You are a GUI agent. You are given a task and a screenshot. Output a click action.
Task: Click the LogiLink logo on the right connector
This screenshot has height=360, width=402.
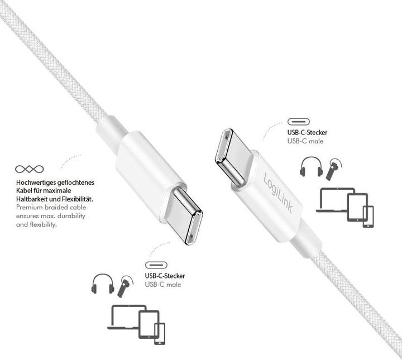pyautogui.click(x=278, y=193)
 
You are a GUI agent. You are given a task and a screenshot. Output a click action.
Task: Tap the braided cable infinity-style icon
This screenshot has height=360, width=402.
pyautogui.click(x=30, y=169)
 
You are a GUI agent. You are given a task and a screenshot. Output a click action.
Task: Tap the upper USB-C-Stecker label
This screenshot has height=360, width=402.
pyautogui.click(x=307, y=132)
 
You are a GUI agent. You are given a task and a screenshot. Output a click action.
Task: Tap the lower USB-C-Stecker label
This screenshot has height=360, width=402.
pyautogui.click(x=165, y=276)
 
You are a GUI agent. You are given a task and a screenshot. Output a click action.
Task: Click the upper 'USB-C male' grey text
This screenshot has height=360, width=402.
pyautogui.click(x=305, y=141)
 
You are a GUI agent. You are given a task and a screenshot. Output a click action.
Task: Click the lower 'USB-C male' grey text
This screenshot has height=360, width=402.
pyautogui.click(x=163, y=285)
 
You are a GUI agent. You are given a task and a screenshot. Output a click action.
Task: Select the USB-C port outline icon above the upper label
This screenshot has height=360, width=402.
pyautogui.click(x=298, y=122)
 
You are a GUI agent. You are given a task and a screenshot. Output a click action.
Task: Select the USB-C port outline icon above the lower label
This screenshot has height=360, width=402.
pyautogui.click(x=156, y=265)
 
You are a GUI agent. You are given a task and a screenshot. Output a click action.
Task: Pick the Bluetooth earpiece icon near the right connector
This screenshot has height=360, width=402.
pyautogui.click(x=333, y=169)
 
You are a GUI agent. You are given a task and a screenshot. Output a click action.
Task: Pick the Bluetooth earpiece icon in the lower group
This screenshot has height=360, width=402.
pyautogui.click(x=125, y=286)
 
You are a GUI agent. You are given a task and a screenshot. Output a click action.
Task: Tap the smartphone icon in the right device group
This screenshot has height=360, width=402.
pyautogui.click(x=368, y=216)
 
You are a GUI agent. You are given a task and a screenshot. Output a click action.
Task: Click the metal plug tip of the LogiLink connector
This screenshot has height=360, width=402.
pyautogui.click(x=231, y=157)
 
